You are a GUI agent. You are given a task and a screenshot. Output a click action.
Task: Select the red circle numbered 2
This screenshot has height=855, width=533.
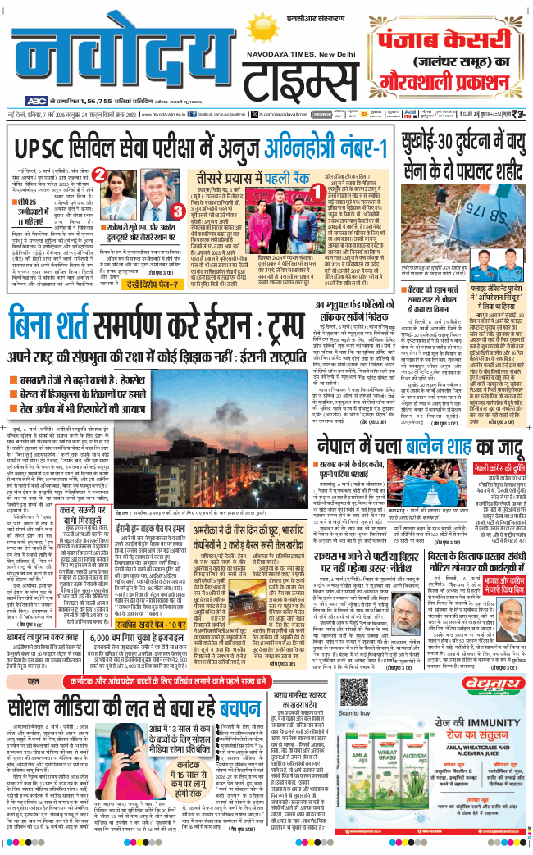[96, 174]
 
